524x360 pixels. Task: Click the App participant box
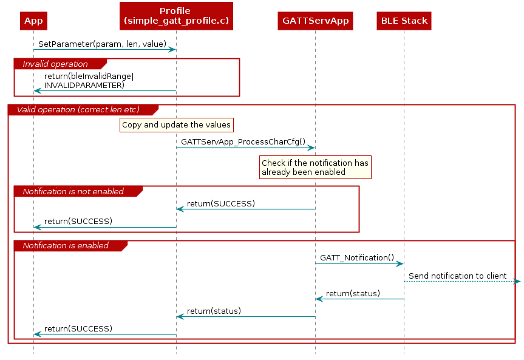click(x=33, y=21)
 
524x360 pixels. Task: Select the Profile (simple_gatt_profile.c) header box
click(x=175, y=16)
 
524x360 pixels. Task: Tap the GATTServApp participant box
click(x=315, y=21)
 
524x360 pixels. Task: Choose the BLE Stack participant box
click(x=404, y=21)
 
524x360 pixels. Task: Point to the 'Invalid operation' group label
click(x=55, y=64)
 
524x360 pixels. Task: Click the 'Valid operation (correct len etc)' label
click(x=78, y=109)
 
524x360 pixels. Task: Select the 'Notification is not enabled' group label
click(x=73, y=191)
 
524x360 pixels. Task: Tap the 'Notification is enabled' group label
click(x=66, y=246)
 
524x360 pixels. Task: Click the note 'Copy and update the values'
click(x=176, y=125)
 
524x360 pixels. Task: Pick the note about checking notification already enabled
click(x=315, y=168)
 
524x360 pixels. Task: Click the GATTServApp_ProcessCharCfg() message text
click(x=243, y=141)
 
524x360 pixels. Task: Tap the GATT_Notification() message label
click(x=357, y=257)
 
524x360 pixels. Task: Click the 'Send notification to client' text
click(x=457, y=276)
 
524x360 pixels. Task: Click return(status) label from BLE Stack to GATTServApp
click(x=353, y=293)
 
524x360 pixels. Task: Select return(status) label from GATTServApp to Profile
click(x=214, y=311)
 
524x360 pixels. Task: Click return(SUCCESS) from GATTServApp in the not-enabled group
click(x=221, y=203)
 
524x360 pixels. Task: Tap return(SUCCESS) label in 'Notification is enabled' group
click(x=78, y=328)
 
